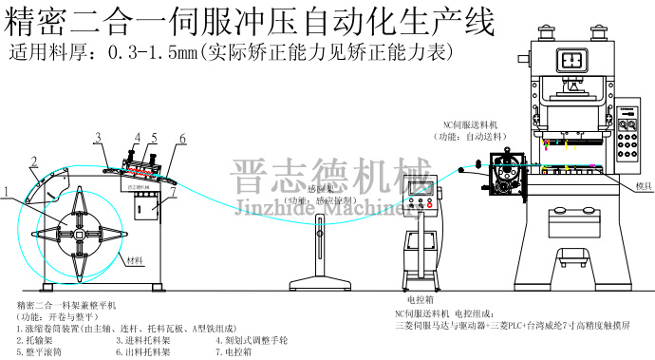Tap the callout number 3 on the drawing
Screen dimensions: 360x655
click(97, 139)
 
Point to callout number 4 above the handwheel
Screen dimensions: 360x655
click(137, 137)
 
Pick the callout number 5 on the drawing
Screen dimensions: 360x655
click(153, 138)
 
